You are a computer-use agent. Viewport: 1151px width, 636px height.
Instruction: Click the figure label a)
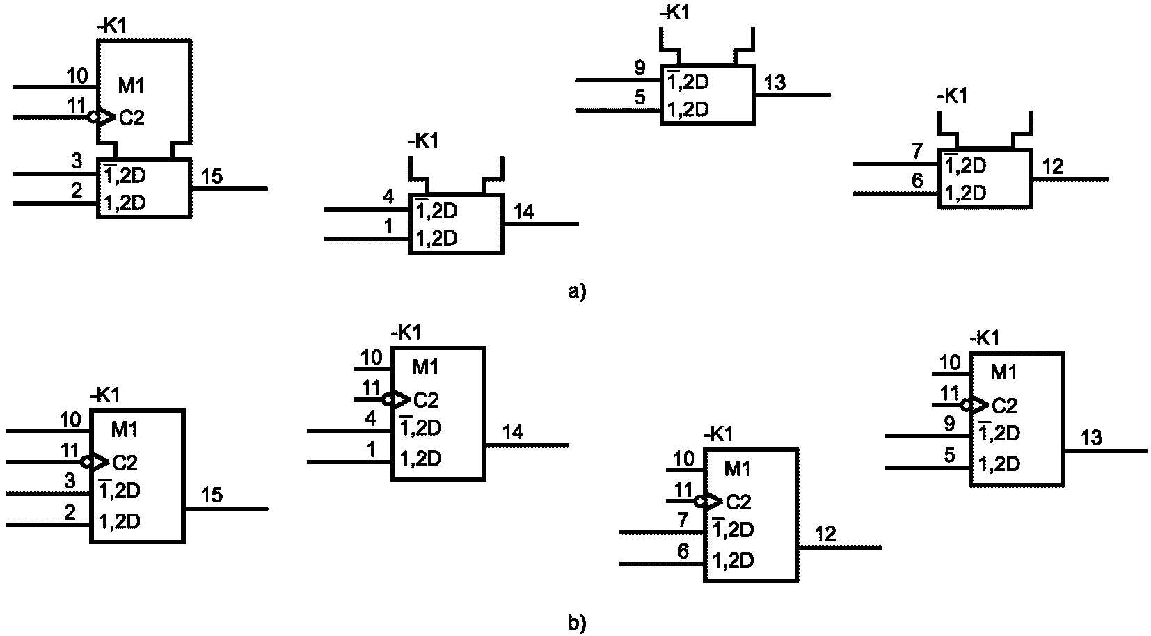pos(577,292)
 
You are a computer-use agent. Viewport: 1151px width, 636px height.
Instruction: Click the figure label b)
pos(577,623)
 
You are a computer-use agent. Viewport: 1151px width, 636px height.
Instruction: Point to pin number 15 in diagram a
pos(212,176)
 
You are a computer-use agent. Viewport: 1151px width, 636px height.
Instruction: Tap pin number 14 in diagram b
pos(513,432)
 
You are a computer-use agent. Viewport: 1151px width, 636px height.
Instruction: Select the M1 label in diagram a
pos(132,86)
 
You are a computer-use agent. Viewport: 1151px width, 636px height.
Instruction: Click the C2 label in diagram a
pos(132,118)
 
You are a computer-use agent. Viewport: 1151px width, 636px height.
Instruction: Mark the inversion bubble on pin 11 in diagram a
pos(93,117)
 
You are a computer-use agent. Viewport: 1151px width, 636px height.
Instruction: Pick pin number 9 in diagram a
pos(640,67)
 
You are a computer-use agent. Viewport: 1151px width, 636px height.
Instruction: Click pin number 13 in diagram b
pos(1091,438)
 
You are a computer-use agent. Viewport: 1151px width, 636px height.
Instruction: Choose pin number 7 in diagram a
pos(918,151)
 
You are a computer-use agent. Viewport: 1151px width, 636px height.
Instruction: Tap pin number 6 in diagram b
pos(683,551)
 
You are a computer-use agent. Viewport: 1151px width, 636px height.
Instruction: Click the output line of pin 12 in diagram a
pos(1070,179)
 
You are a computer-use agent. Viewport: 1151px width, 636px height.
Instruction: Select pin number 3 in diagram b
pos(70,481)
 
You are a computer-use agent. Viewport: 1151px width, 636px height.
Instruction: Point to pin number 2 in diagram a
pos(77,191)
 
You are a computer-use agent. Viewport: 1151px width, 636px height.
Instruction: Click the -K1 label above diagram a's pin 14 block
pos(424,141)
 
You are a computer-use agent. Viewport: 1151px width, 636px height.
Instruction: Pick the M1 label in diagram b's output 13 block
pos(1004,372)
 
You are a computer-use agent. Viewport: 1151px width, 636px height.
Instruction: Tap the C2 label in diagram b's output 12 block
pos(738,502)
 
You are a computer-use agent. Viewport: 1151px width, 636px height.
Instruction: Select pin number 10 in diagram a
pos(77,76)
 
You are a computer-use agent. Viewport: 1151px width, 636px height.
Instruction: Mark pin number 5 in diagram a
pos(640,97)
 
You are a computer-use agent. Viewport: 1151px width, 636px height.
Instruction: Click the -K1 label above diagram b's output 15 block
pos(105,395)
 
